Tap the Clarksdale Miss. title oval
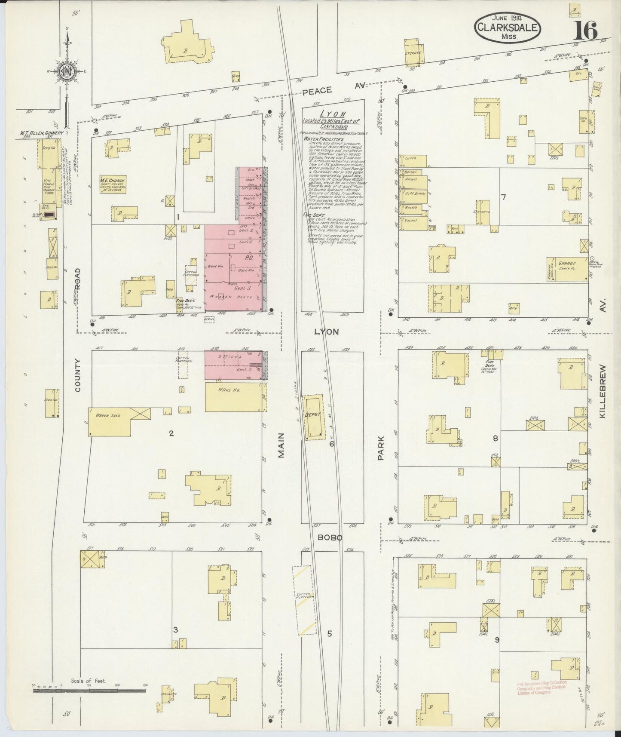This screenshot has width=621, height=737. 507,27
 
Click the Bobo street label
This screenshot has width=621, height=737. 330,537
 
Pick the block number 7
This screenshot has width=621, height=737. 503,197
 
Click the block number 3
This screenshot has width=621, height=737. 175,630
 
